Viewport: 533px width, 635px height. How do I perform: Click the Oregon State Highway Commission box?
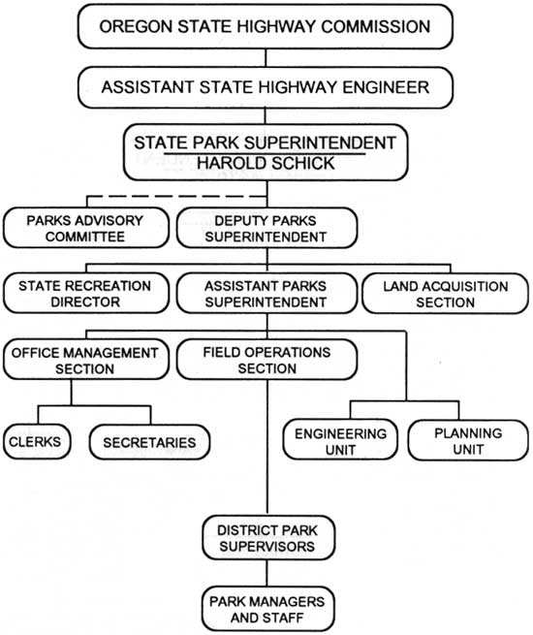coord(266,27)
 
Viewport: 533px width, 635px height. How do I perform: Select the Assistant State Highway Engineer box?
coord(266,87)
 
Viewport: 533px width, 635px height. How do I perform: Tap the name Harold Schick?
coord(266,163)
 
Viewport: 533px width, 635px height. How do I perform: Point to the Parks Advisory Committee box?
coord(86,228)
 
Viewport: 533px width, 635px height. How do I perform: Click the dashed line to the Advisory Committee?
coord(176,197)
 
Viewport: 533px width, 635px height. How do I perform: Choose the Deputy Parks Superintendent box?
coord(266,228)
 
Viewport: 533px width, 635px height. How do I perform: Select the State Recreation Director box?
coord(86,293)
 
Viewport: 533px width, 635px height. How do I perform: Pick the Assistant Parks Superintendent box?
coord(266,293)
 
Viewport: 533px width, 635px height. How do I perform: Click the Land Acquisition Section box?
coord(445,294)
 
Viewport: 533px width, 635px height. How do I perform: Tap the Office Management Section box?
coord(86,360)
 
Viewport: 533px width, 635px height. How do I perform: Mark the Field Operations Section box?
coord(266,360)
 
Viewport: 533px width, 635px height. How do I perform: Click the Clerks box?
coord(37,441)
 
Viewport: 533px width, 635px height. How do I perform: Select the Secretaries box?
coord(149,442)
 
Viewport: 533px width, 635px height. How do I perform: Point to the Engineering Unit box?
coord(340,440)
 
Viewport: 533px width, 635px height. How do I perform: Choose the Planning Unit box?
coord(468,440)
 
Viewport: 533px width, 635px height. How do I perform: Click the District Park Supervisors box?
coord(268,537)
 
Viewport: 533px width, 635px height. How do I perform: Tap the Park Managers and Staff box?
coord(267,609)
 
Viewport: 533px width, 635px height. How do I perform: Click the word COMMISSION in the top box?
coord(376,27)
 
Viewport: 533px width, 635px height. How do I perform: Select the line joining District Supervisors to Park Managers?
coord(266,573)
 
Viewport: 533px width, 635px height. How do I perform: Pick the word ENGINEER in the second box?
coord(386,87)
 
